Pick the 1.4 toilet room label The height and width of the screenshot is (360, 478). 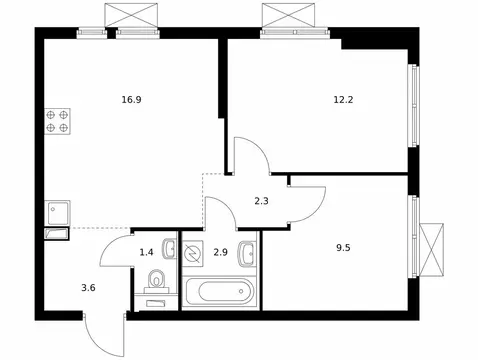click(x=146, y=253)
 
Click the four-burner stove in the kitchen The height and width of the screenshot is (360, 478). click(x=57, y=121)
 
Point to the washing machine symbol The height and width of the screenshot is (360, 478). click(x=193, y=255)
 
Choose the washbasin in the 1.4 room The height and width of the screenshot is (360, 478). click(x=169, y=248)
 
